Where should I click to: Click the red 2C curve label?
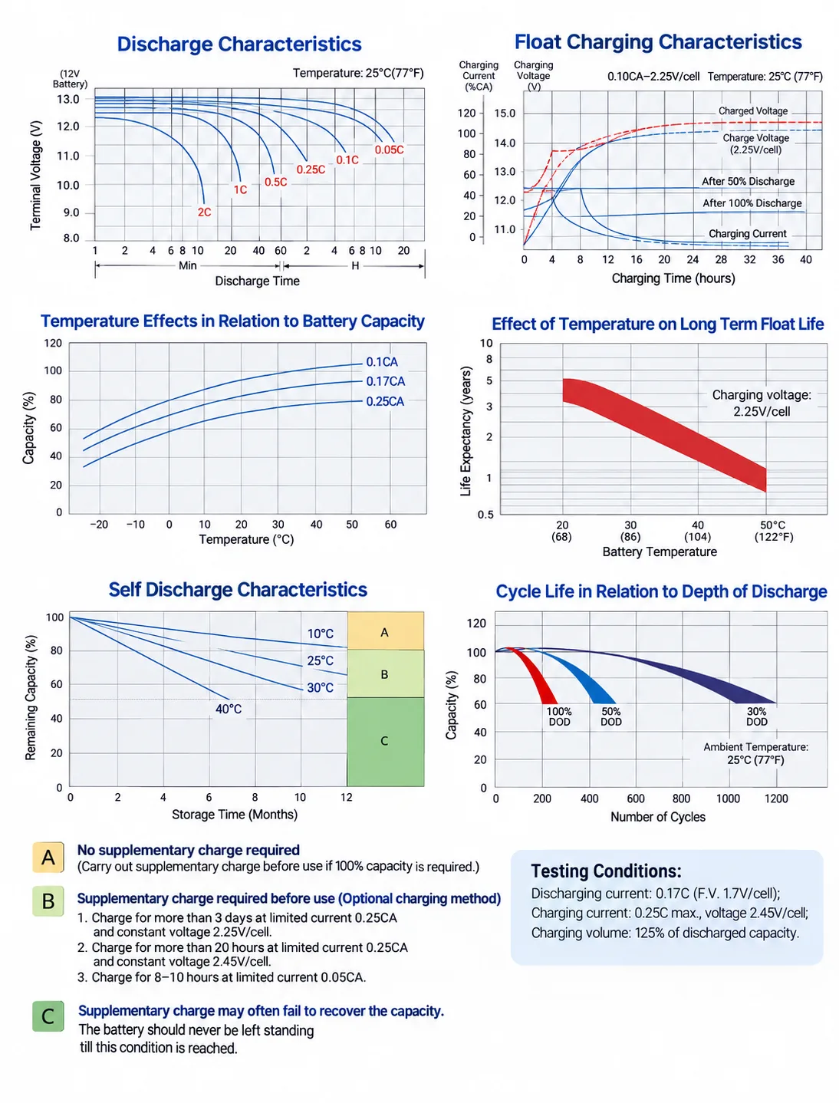pos(204,212)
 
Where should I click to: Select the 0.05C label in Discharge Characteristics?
pos(389,150)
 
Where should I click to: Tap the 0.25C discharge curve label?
pos(311,170)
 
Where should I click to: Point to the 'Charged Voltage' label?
pos(752,111)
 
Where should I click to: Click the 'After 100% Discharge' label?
pos(752,203)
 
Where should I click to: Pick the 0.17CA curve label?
pos(385,381)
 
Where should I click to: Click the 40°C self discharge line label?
pos(229,709)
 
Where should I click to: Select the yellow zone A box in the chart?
pos(385,631)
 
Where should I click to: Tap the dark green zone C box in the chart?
pos(385,742)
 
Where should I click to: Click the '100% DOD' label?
pos(559,716)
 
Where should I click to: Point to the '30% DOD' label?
pos(757,716)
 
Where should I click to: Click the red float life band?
pos(664,435)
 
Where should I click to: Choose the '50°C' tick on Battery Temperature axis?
pos(773,525)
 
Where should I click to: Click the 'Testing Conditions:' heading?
pos(606,871)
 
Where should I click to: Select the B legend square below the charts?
pos(48,901)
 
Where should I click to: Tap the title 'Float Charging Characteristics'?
pos(658,42)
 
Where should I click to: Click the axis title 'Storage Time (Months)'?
pos(235,814)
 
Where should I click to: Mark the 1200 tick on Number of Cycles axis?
pos(776,798)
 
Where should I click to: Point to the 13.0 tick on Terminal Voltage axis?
pos(67,99)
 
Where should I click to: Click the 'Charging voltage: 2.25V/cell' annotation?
pos(762,403)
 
